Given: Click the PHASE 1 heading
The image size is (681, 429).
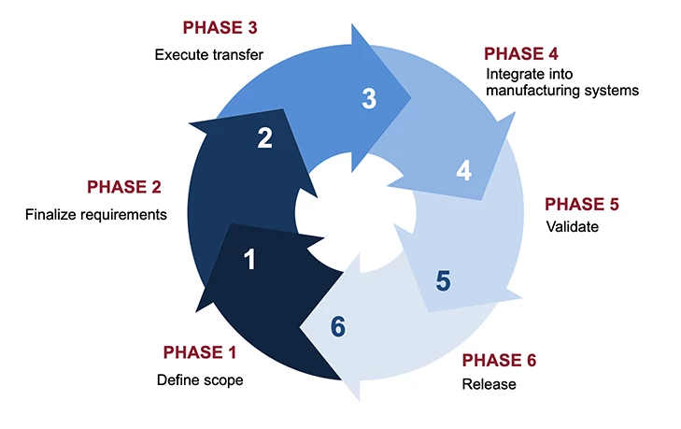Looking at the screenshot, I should pyautogui.click(x=200, y=352).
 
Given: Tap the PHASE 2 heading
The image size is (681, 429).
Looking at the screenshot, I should pyautogui.click(x=131, y=187).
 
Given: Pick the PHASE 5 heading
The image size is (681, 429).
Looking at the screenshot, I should pyautogui.click(x=582, y=204).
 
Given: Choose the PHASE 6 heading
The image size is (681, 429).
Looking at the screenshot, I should pyautogui.click(x=500, y=360).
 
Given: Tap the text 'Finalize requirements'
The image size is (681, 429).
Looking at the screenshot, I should pyautogui.click(x=96, y=214).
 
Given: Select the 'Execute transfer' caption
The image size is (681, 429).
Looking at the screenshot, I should pyautogui.click(x=208, y=54).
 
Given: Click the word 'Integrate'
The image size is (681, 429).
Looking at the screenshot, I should pyautogui.click(x=512, y=74).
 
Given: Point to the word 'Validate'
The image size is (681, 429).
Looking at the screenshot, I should pyautogui.click(x=570, y=227).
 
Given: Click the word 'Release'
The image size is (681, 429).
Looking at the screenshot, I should pyautogui.click(x=489, y=384).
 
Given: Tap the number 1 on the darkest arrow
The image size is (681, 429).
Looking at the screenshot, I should pyautogui.click(x=249, y=260).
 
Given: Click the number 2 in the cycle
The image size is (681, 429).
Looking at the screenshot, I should pyautogui.click(x=264, y=138).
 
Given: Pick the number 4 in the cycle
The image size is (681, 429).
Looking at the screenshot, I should pyautogui.click(x=463, y=171).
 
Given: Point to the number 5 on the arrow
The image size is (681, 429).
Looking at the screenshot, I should pyautogui.click(x=443, y=279).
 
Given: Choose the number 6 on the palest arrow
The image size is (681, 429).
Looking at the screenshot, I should pyautogui.click(x=338, y=326).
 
